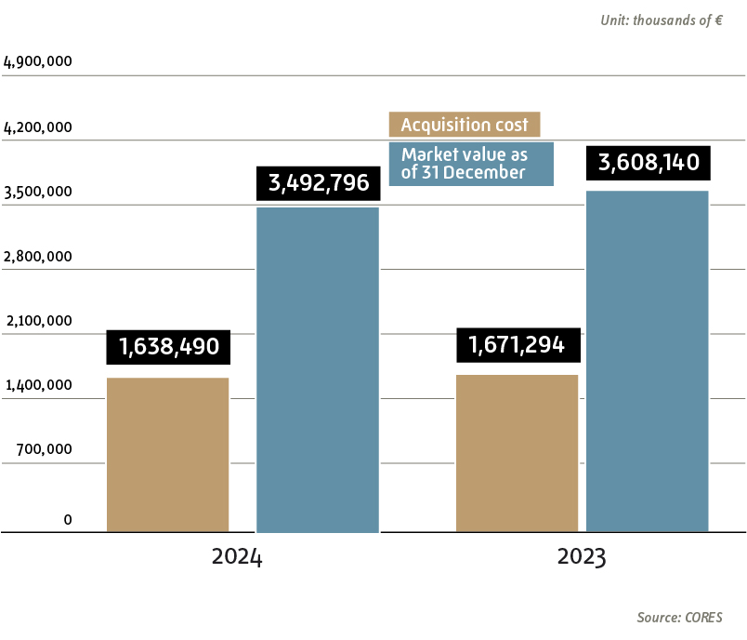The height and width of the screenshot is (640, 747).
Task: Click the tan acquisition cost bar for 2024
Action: [x=168, y=455]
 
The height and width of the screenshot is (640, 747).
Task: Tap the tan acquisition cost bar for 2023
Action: [x=518, y=453]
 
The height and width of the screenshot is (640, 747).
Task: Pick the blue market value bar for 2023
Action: [x=648, y=362]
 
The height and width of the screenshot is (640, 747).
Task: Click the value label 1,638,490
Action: [x=168, y=347]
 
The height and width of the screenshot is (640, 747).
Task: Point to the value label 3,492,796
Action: [x=318, y=183]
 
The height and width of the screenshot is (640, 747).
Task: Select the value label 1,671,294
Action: [x=518, y=345]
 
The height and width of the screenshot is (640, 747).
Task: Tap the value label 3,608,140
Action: [x=649, y=163]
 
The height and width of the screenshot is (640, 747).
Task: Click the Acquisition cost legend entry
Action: [x=465, y=125]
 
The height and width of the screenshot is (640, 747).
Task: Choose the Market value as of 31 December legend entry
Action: [x=471, y=164]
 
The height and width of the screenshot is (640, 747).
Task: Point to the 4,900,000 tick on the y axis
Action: [x=38, y=62]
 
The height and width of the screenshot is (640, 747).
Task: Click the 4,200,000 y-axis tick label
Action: [x=38, y=127]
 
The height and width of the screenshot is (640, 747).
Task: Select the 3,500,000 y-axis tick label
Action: [x=38, y=193]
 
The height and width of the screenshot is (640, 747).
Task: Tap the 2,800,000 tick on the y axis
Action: [x=38, y=257]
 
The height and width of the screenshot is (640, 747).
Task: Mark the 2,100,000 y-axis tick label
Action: [x=38, y=321]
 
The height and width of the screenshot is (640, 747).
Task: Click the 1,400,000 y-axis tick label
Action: [x=38, y=385]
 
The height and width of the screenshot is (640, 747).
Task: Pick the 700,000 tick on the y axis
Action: [x=43, y=449]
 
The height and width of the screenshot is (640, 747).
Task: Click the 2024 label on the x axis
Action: [x=237, y=558]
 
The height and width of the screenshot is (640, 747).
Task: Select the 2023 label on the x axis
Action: [x=582, y=558]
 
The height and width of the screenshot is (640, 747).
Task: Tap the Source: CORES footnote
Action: [x=679, y=618]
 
